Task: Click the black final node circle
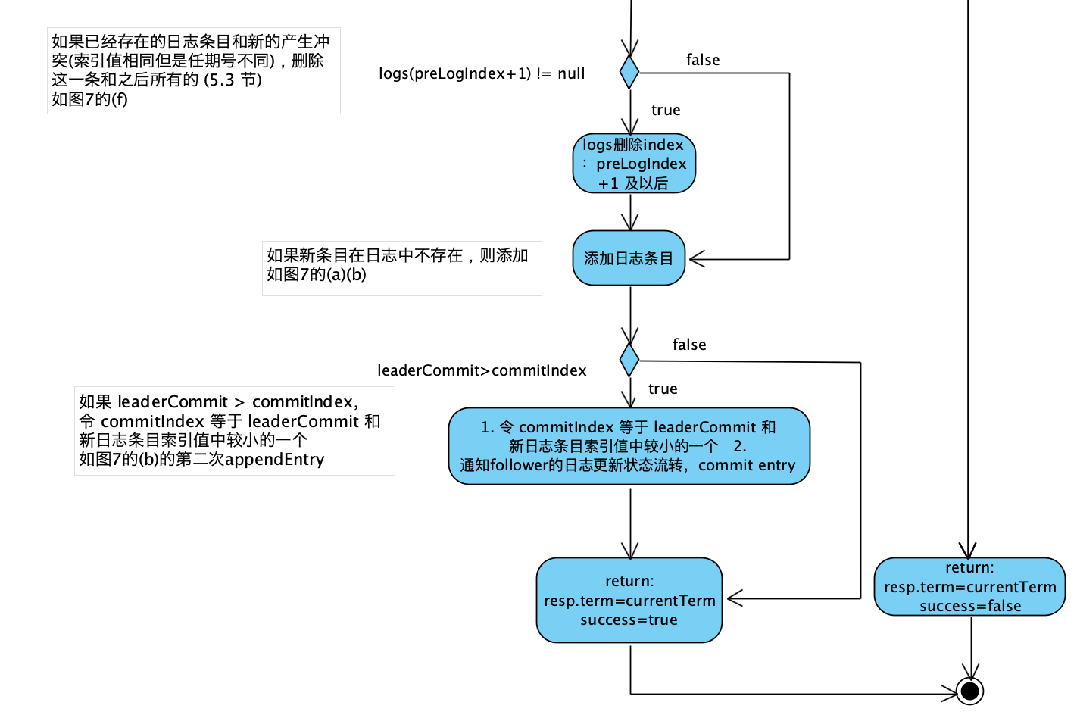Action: coord(969,691)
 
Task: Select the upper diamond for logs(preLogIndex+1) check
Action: coord(629,72)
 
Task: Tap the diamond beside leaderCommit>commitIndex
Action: coord(629,359)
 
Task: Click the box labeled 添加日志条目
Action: coord(629,258)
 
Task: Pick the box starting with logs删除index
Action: coord(634,164)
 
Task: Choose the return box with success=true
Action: coord(629,600)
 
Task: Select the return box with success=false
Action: coord(969,587)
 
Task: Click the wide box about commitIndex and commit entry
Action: coord(629,446)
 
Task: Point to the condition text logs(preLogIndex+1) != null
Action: coord(482,73)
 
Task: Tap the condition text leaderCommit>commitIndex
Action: coord(482,370)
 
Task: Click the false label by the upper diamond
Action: coord(703,60)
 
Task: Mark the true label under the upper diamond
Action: coord(666,110)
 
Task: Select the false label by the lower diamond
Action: coord(689,345)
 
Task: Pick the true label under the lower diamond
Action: coord(663,389)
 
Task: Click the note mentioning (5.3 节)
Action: coord(193,70)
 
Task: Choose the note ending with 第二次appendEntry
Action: coord(234,431)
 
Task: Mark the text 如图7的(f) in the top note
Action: coord(89,99)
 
